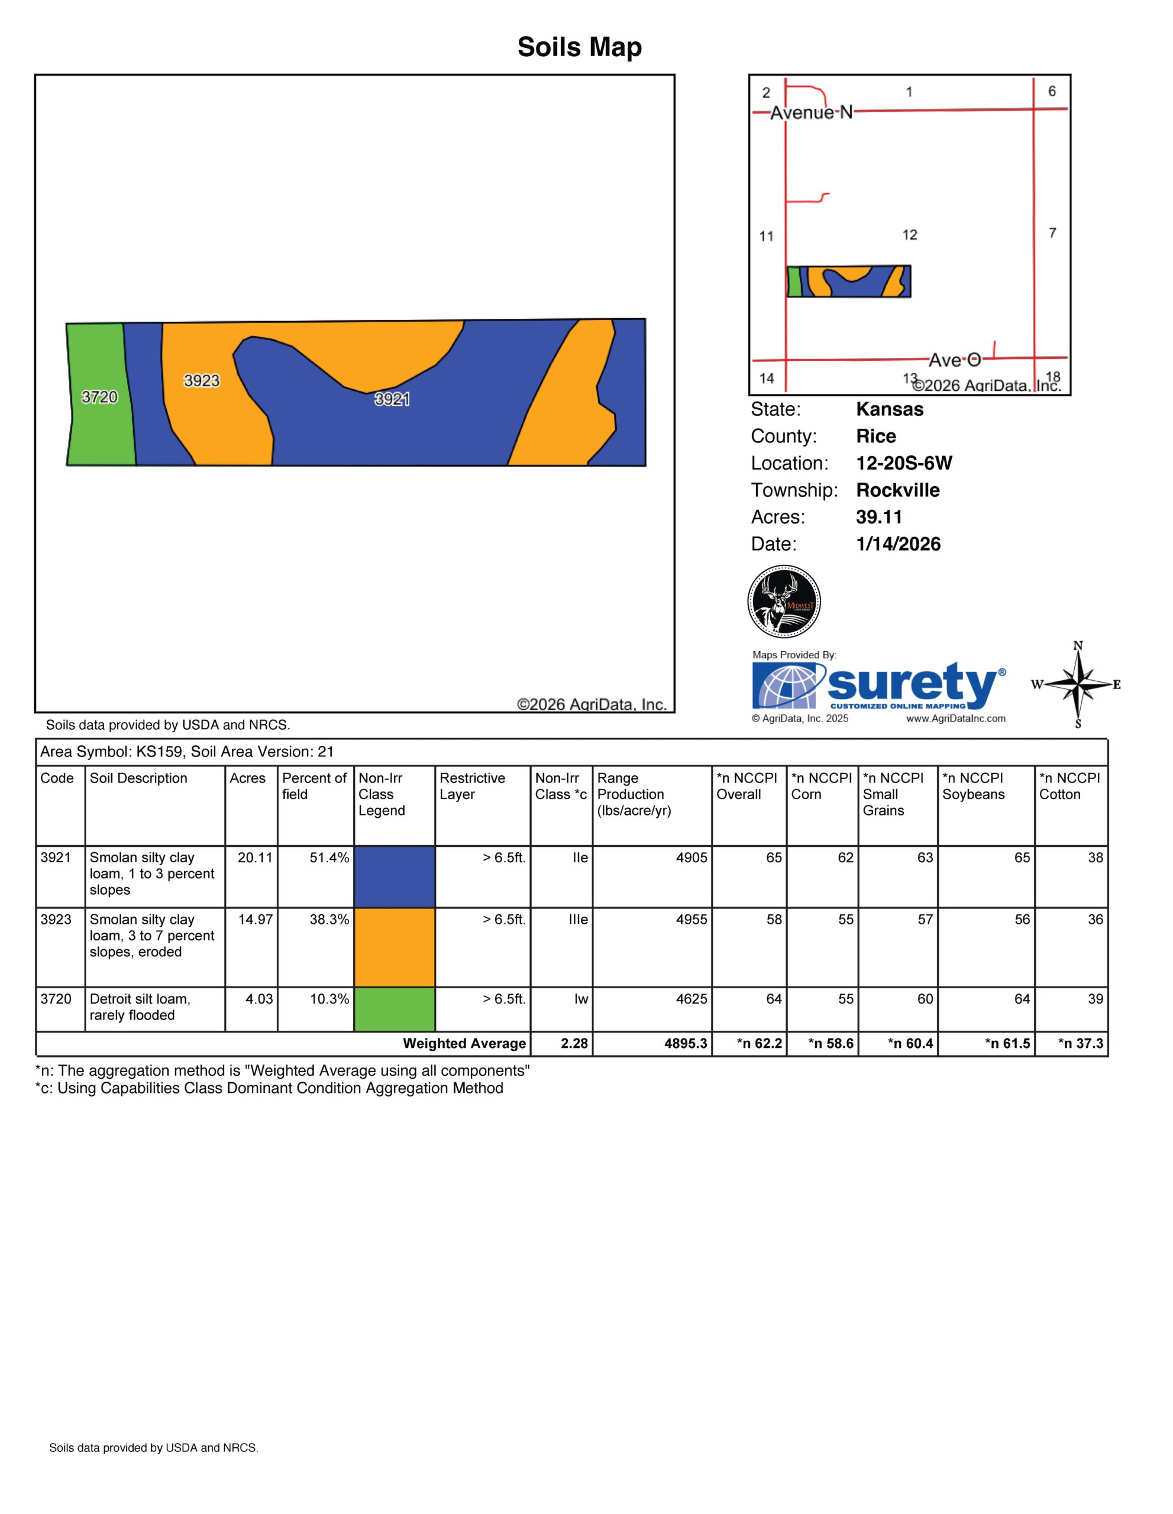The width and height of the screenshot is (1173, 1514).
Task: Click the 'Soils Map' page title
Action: pos(580,47)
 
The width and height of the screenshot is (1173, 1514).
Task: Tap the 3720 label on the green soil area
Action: pos(100,397)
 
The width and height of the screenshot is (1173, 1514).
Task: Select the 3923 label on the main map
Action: pos(202,381)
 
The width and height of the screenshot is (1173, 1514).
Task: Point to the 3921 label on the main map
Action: pos(392,399)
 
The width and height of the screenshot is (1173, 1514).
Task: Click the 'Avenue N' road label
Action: pos(812,112)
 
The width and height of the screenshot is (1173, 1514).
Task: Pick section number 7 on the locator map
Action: pos(1052,233)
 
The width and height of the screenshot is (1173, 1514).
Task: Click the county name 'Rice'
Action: pos(875,436)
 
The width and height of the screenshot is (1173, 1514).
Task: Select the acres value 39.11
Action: pos(879,517)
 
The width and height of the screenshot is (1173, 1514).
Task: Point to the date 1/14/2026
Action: pos(899,544)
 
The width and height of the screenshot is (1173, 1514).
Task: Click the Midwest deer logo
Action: pos(784,601)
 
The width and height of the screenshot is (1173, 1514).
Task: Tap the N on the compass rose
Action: pos(1078,645)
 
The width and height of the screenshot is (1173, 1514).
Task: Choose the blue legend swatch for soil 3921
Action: pos(395,876)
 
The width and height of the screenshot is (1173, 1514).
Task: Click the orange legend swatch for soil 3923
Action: pos(395,947)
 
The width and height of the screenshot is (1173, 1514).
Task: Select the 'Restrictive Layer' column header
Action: pos(472,786)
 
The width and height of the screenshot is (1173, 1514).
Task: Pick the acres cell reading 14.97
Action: pos(255,919)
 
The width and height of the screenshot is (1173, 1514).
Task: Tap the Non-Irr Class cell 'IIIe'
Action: pos(578,919)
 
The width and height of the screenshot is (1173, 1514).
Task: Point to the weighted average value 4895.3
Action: pos(686,1043)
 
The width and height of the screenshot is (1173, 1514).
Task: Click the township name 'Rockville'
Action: pos(898,490)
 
